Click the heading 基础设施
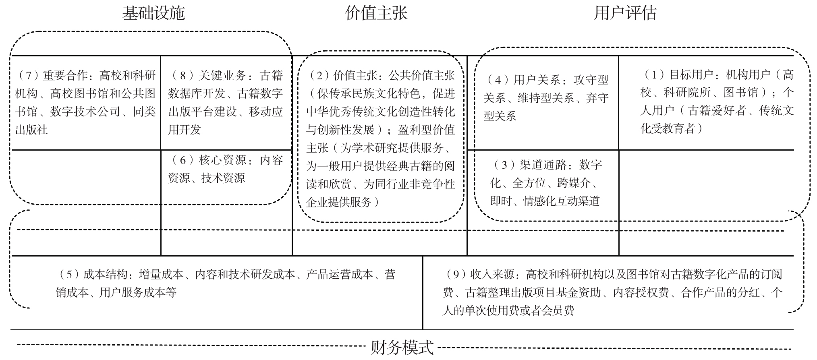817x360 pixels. (x=153, y=13)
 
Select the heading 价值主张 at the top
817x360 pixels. (x=376, y=13)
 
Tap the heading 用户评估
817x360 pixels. (x=625, y=13)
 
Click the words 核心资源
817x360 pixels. (x=222, y=160)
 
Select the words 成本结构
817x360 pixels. (x=107, y=275)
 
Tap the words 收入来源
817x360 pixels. (x=494, y=275)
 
